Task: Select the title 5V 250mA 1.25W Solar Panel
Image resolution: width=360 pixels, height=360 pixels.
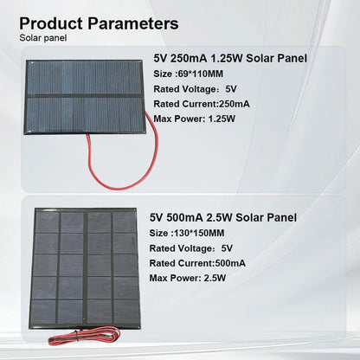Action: coord(229,59)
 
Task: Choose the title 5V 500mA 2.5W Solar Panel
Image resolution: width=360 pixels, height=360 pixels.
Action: coord(224,217)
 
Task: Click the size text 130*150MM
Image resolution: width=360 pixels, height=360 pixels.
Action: coord(189,232)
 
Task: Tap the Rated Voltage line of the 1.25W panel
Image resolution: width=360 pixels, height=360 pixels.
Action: coord(194,88)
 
